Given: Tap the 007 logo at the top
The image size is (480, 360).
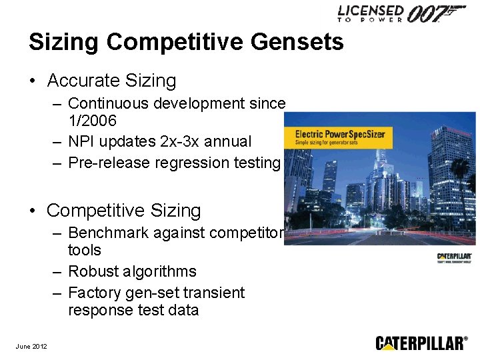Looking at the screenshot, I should tap(436, 14).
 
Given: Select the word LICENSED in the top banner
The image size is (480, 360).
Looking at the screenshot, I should tap(371, 11).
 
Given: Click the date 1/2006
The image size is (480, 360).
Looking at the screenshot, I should tap(92, 121).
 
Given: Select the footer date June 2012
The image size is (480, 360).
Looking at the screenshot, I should tap(31, 345).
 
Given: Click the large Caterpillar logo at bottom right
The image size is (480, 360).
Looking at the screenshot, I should tap(421, 343).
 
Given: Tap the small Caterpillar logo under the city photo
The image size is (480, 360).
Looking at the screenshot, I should tap(455, 257).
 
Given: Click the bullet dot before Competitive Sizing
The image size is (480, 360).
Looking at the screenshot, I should tap(33, 211).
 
